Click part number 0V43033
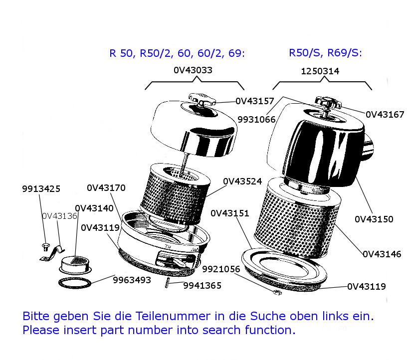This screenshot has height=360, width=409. coord(193,70)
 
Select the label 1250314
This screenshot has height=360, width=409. coord(320,71)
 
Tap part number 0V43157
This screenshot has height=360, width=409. coord(255,101)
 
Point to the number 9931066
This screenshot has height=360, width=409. coord(256,120)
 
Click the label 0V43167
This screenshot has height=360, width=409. coord(385,115)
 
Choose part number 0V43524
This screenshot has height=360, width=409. coord(242,181)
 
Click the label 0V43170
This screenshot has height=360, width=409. coord(106,188)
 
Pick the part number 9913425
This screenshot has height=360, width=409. coord(41,189)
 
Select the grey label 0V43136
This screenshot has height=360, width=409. coord(59,216)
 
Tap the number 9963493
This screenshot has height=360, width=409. coord(132,280)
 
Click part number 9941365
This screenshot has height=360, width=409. coord(202,286)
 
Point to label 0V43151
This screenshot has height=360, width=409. coord(230,213)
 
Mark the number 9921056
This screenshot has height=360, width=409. coord(221,269)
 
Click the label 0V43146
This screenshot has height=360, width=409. coord(382,254)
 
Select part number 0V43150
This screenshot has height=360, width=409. coord(374,219)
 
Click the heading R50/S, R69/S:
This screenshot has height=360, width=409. coord(325,53)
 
